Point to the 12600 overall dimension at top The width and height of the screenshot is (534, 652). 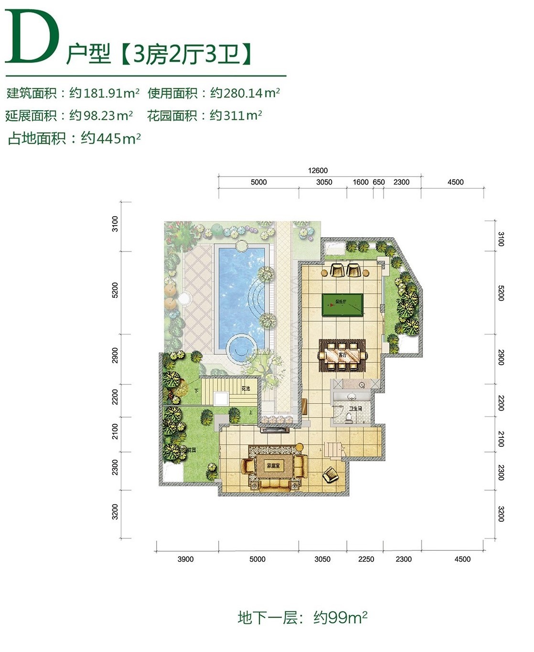318,170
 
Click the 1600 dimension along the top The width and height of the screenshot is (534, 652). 360,182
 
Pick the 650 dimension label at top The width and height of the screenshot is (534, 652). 378,182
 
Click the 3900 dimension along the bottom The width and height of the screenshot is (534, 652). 185,559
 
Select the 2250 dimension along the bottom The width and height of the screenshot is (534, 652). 366,559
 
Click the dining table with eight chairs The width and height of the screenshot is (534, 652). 342,355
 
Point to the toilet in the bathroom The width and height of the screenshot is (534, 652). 349,417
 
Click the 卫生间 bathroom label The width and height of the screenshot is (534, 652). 355,409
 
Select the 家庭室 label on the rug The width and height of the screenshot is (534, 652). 273,465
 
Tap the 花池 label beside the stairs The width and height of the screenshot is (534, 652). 246,389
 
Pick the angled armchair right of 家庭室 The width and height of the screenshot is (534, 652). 330,474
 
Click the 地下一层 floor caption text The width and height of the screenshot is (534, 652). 273,618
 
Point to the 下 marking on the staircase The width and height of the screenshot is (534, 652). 196,390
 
